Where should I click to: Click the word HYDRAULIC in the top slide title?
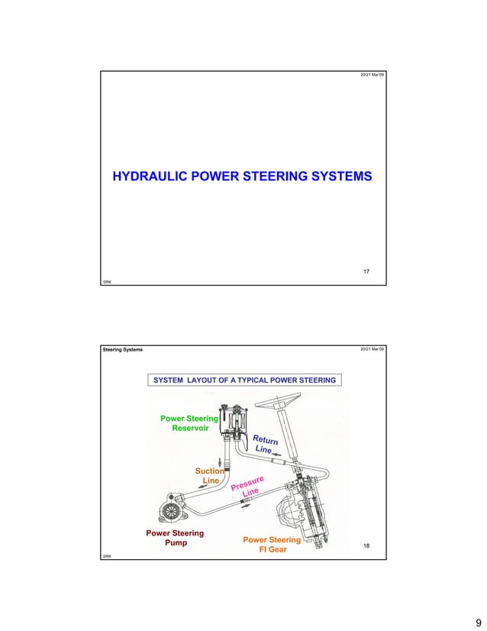(x=151, y=177)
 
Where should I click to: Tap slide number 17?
(x=366, y=272)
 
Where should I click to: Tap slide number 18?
(x=366, y=547)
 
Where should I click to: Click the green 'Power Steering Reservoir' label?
(x=188, y=423)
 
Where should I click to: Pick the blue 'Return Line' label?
(x=264, y=445)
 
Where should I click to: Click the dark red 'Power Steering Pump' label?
(x=175, y=539)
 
